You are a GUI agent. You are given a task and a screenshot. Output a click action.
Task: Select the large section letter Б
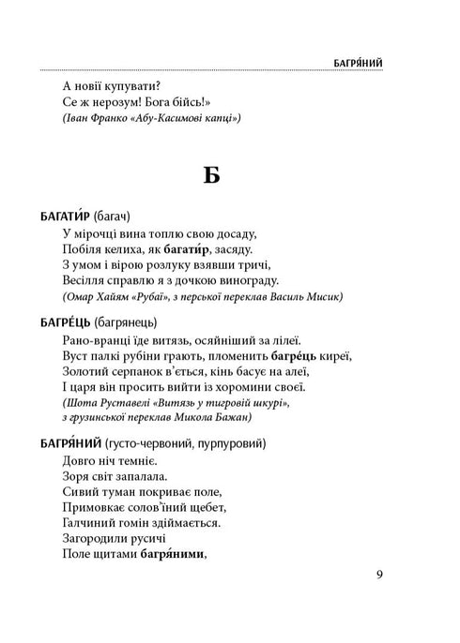(212, 176)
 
